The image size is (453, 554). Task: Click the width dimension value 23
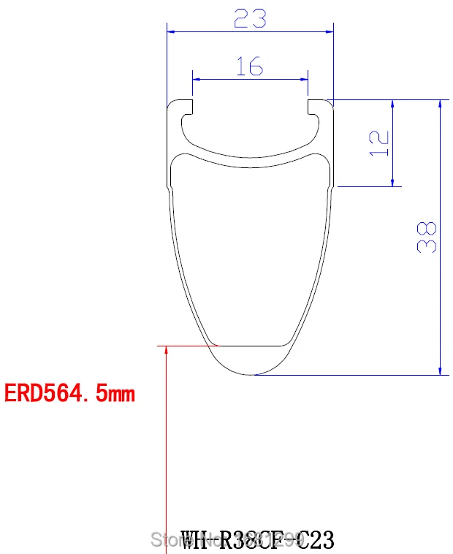coord(250,18)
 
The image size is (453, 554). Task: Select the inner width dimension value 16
coord(249,67)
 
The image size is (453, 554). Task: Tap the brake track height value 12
coord(378,143)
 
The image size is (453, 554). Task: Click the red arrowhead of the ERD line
coord(167,352)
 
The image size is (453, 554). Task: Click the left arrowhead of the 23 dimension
coord(172,31)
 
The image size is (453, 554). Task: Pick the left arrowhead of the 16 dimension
coord(197,78)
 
